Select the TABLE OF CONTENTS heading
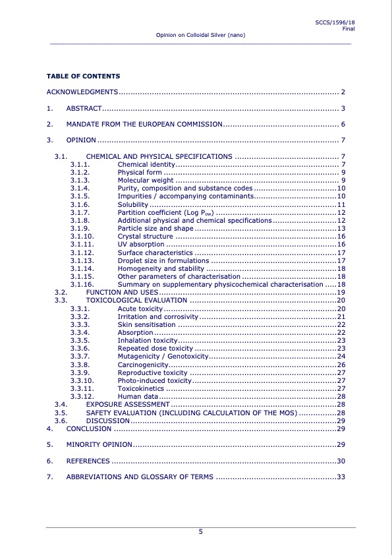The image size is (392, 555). coord(83,76)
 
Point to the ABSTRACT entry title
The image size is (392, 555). coord(84,107)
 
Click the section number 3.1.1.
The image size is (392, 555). coord(80,163)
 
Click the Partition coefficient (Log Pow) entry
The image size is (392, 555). coord(165,212)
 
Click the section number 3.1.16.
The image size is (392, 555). coord(82,284)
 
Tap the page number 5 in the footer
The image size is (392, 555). coord(200,533)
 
